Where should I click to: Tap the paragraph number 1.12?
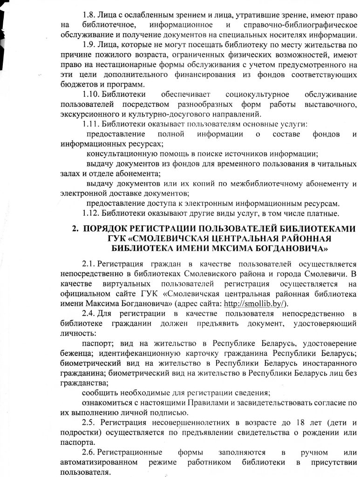point(91,214)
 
